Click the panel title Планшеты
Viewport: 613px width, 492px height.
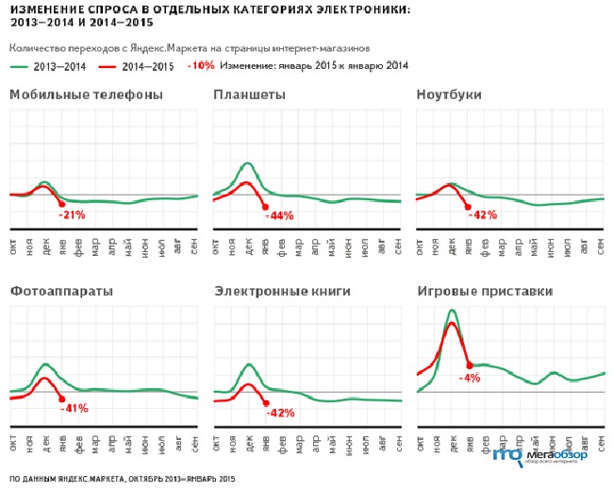click(x=249, y=95)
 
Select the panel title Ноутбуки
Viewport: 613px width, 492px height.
click(x=449, y=95)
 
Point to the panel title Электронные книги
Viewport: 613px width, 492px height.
click(x=273, y=291)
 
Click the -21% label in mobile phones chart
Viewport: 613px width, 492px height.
click(x=72, y=215)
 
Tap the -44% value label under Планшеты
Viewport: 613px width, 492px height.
click(x=280, y=216)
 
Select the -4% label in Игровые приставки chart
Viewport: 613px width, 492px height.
click(x=469, y=378)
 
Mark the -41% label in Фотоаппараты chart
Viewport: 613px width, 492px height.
click(x=74, y=409)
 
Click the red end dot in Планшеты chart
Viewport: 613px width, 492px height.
click(x=265, y=207)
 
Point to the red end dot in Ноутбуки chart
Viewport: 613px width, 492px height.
click(x=469, y=206)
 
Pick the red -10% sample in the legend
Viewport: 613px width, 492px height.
click(x=201, y=66)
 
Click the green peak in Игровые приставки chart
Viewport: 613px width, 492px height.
click(x=453, y=310)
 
